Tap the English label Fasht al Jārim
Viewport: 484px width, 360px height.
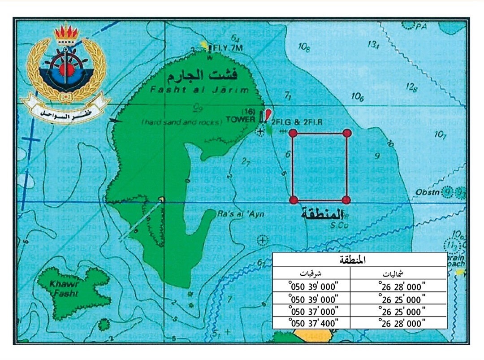coord(199,90)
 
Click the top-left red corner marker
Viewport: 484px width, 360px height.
coord(293,133)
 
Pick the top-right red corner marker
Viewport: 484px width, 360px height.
coord(346,133)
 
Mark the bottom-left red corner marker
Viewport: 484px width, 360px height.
coord(294,200)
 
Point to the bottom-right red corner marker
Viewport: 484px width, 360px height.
coord(346,200)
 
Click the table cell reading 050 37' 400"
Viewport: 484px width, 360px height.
coord(313,322)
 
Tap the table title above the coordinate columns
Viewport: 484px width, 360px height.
coord(359,260)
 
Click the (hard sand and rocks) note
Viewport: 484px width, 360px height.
coord(181,122)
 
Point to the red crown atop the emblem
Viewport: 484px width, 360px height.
coord(66,33)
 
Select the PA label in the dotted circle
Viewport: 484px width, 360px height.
coord(420,26)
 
